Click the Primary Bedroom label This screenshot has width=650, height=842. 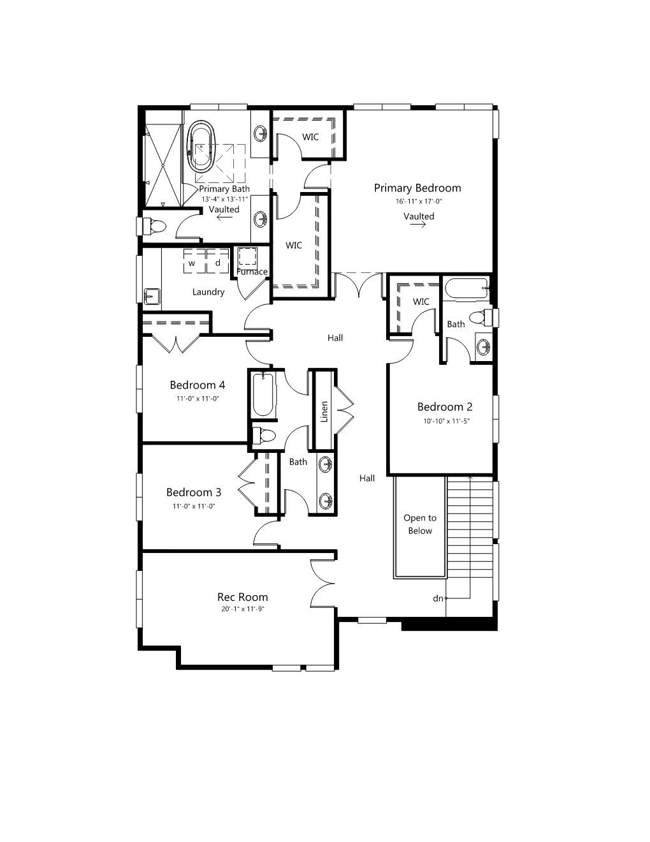click(x=417, y=188)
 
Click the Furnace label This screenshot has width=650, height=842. click(x=252, y=272)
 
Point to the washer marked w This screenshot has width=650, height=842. click(x=195, y=261)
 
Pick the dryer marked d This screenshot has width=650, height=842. click(x=217, y=261)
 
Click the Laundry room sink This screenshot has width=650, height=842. click(x=152, y=297)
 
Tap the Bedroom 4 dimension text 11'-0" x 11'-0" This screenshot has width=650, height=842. click(x=198, y=398)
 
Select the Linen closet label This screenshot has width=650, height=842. click(x=324, y=411)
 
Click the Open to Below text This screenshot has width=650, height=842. click(x=420, y=524)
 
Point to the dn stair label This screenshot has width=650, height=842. click(x=438, y=599)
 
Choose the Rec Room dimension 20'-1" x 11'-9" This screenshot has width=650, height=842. click(x=243, y=609)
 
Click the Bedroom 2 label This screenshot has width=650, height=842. click(x=445, y=407)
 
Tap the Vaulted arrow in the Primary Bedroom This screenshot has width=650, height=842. click(x=418, y=225)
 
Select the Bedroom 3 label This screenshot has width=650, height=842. click(x=194, y=492)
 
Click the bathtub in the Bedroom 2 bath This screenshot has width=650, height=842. click(x=467, y=289)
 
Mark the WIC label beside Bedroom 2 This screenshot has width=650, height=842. click(x=421, y=302)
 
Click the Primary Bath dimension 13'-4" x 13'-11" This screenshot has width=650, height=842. click(x=224, y=199)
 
